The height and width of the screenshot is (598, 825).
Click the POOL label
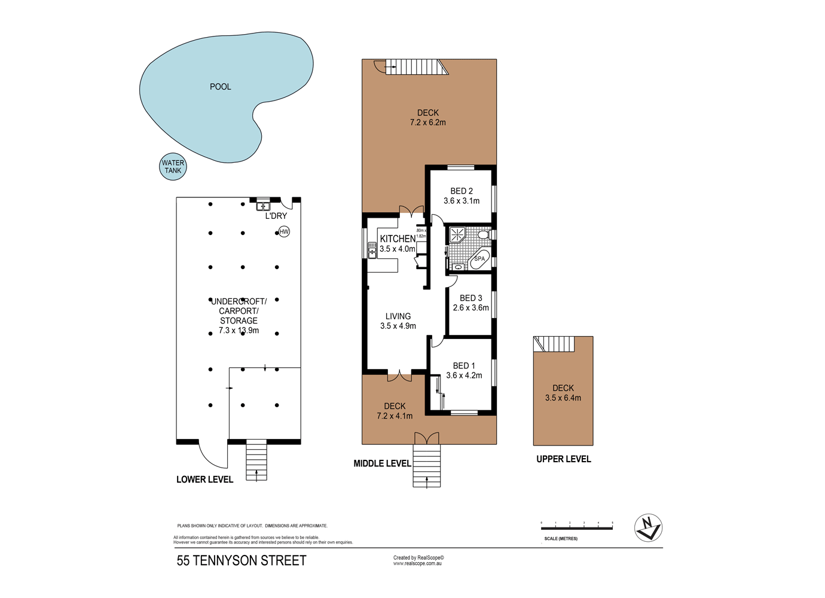[220, 87]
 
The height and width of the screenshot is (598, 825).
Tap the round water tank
[173, 167]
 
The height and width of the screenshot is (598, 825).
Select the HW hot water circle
[284, 231]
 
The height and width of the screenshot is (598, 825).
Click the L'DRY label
[276, 216]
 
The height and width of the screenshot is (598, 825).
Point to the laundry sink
[262, 206]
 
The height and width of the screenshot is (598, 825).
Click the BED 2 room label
[462, 191]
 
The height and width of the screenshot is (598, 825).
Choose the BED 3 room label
[470, 298]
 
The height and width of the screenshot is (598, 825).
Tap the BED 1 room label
[464, 365]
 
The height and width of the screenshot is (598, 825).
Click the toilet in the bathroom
[483, 234]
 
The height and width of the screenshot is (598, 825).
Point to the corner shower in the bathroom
[457, 234]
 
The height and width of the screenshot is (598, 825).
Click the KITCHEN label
[398, 239]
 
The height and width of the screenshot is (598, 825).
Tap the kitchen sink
[372, 249]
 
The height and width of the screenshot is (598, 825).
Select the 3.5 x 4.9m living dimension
[398, 326]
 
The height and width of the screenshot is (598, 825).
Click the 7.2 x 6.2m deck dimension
[428, 123]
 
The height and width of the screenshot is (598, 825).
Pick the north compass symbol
[648, 528]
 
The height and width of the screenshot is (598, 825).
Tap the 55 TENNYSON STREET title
[242, 561]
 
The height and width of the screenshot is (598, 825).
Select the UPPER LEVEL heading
[563, 459]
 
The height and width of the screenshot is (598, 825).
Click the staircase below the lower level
[256, 460]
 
